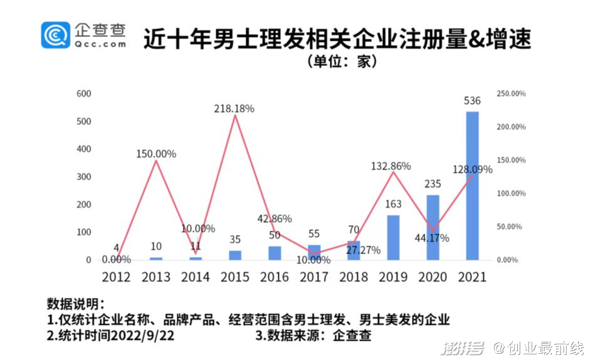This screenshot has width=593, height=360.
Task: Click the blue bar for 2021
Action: tap(472, 186)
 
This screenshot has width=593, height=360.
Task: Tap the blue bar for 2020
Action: tap(433, 227)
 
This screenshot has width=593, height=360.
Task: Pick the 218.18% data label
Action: tap(234, 109)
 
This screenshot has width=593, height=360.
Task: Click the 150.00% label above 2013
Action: tap(156, 154)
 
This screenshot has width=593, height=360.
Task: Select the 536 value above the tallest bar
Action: tap(472, 101)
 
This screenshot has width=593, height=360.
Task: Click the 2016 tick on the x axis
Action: tap(275, 277)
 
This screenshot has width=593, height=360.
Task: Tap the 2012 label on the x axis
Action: tap(117, 277)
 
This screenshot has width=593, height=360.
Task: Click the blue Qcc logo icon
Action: tap(56, 35)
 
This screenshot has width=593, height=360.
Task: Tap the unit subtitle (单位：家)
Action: tap(340, 62)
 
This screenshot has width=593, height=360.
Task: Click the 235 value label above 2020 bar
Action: tap(433, 184)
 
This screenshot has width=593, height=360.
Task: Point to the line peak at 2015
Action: tap(235, 115)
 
